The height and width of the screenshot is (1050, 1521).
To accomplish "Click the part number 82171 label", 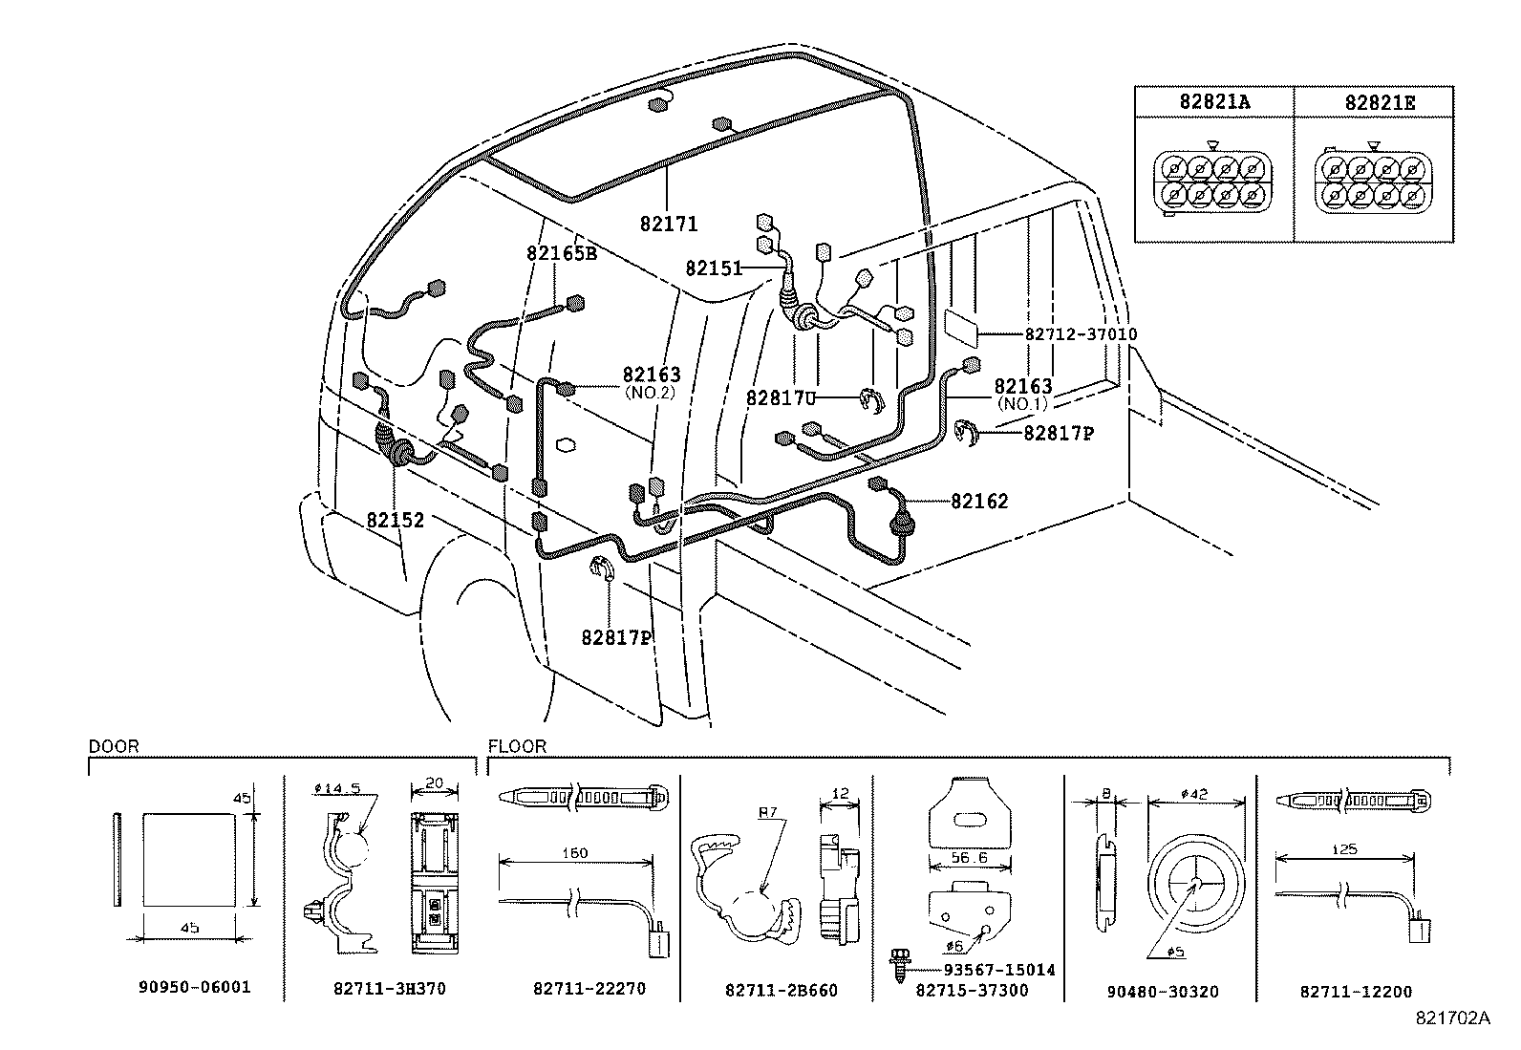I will point(669,225).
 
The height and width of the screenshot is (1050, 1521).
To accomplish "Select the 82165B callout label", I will point(561,254).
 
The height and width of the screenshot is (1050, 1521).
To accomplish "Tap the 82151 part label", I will point(714,268).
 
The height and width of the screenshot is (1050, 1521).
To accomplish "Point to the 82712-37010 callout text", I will point(1081,334).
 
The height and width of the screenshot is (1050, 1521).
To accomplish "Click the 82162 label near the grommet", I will point(978,502).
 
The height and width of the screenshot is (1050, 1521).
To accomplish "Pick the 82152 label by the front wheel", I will point(396,521).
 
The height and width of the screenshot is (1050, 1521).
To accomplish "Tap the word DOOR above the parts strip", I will point(114,747).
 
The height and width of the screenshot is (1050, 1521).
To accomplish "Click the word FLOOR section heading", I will point(517,747).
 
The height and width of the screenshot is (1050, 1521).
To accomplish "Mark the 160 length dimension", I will point(575,853).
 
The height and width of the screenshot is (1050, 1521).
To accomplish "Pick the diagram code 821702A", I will point(1452,1018).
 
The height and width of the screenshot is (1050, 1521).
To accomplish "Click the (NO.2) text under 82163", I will point(649,393).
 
